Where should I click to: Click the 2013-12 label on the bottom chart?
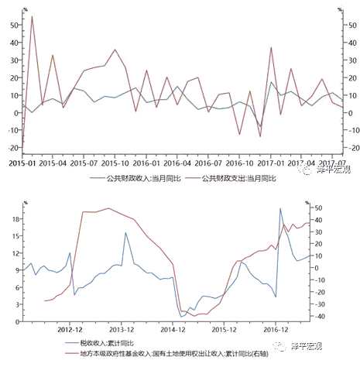(x=122, y=329)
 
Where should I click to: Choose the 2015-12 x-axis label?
(x=224, y=329)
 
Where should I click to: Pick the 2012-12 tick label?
(x=70, y=329)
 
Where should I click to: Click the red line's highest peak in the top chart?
(x=32, y=16)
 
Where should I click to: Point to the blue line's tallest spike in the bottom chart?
(x=280, y=208)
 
